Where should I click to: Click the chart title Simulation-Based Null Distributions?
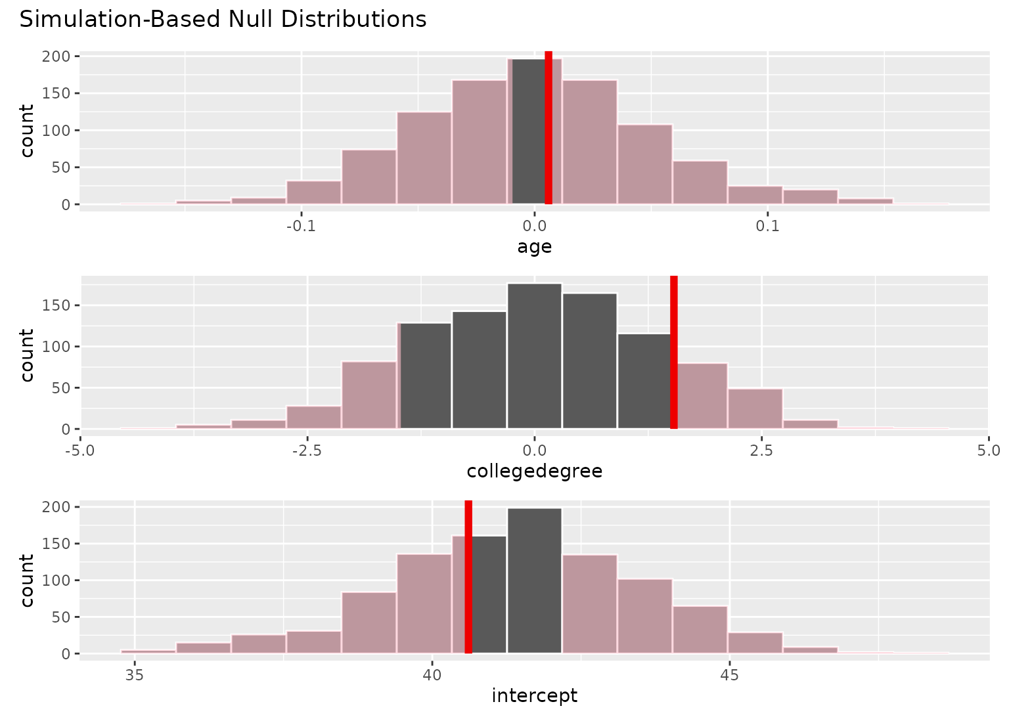223,20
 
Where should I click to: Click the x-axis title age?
534,247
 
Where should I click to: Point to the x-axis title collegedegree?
534,471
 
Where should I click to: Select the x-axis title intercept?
534,695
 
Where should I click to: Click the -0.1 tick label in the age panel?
301,227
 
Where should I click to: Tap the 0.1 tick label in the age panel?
767,227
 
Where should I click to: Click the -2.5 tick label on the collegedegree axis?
307,451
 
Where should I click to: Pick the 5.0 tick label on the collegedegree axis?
988,451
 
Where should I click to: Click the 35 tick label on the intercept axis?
135,675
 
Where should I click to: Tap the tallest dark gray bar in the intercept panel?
534,581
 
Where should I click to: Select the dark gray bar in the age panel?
527,131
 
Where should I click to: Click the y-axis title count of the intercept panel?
27,580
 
